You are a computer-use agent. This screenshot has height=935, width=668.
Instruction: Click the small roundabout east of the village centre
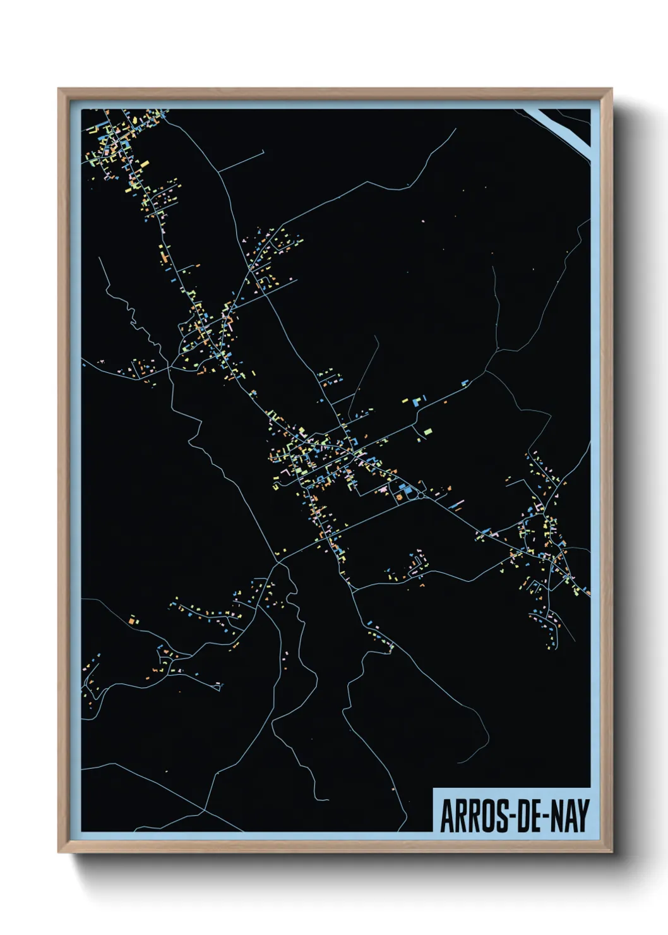click(420, 496)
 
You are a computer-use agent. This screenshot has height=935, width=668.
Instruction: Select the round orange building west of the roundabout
click(399, 497)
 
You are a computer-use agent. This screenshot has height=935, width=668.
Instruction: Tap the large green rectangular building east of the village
click(428, 431)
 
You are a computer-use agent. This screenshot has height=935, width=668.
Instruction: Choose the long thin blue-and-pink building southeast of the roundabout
click(457, 504)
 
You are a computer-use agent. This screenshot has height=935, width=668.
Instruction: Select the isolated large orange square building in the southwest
click(132, 622)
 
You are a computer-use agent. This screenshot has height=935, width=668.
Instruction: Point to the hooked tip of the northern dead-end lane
click(263, 151)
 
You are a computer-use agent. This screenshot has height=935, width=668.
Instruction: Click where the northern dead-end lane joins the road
click(219, 172)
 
